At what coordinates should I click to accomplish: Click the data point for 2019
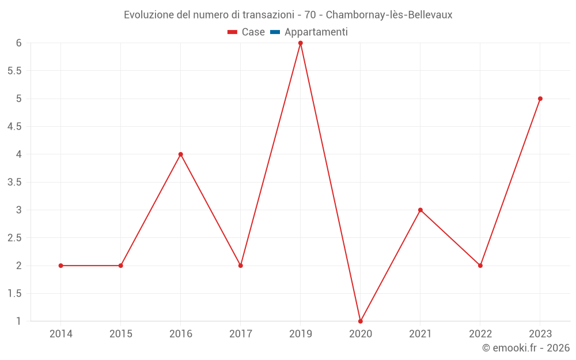(x=301, y=43)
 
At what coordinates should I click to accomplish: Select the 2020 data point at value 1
(x=361, y=321)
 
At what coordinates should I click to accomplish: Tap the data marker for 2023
(x=540, y=98)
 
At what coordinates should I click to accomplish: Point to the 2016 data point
(x=181, y=154)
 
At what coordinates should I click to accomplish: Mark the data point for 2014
(x=61, y=266)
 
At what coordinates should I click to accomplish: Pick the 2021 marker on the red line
(x=420, y=210)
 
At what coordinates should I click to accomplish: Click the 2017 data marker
(x=241, y=266)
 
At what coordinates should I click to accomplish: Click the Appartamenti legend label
(x=316, y=32)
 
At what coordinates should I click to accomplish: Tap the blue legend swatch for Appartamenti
(x=275, y=32)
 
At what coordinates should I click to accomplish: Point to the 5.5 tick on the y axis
(x=14, y=71)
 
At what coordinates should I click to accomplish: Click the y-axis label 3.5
(x=14, y=182)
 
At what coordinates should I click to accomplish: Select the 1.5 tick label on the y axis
(x=14, y=293)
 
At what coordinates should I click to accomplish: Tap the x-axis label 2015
(x=121, y=334)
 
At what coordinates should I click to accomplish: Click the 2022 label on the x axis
(x=480, y=334)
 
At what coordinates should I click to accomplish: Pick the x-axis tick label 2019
(x=301, y=334)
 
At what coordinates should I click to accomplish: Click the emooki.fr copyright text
(x=526, y=348)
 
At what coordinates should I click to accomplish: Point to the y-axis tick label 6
(x=18, y=43)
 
